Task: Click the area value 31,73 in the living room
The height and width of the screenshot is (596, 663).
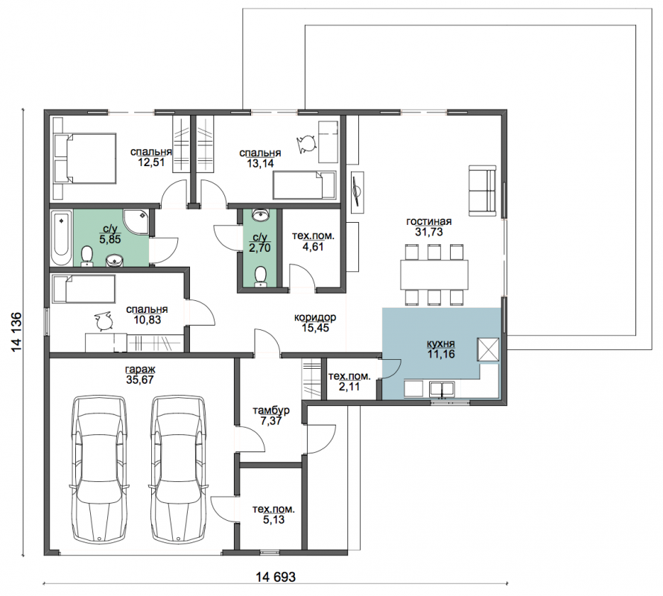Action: (x=429, y=232)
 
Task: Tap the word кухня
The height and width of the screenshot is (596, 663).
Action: (x=440, y=343)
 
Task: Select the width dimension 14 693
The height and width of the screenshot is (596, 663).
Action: (x=276, y=577)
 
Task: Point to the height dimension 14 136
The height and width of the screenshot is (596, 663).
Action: (x=16, y=332)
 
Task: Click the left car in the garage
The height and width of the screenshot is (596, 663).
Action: (x=98, y=469)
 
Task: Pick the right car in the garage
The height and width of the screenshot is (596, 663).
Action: (x=178, y=469)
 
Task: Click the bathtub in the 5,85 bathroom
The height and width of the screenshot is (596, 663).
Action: (x=61, y=238)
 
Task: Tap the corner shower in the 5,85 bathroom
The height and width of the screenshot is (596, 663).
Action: (x=136, y=222)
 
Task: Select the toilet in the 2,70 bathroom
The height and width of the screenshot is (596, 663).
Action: (x=260, y=276)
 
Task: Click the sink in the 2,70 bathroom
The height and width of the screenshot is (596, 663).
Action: (x=260, y=215)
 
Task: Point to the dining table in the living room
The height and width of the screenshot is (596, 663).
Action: (x=434, y=274)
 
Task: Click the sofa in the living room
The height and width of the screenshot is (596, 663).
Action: (x=482, y=191)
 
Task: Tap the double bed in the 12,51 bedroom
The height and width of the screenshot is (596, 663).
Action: (x=85, y=159)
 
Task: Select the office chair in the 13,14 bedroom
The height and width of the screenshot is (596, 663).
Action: (x=306, y=144)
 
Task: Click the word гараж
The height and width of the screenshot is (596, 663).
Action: (x=140, y=369)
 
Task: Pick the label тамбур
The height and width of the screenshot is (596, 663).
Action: (x=271, y=410)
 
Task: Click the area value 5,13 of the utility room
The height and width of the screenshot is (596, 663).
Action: (x=273, y=520)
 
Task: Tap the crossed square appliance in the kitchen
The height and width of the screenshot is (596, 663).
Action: (x=488, y=349)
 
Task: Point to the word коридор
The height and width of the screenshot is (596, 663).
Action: (x=315, y=317)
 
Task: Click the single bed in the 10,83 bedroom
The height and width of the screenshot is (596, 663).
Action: (x=83, y=289)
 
